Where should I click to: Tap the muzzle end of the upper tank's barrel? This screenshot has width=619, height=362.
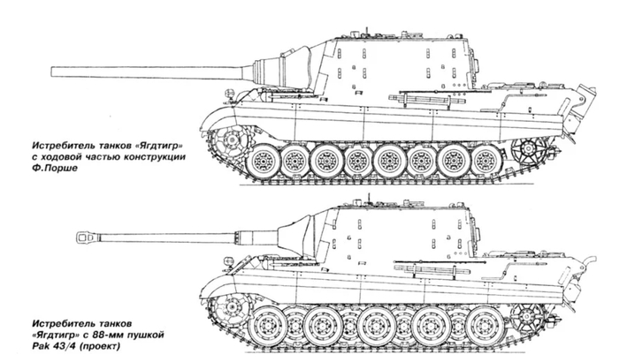pos(51,72)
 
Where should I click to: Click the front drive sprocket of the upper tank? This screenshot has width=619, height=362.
pos(231,140)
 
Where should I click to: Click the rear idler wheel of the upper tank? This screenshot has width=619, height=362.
pos(528,149)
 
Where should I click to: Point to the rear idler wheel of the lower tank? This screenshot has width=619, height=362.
pos(527,314)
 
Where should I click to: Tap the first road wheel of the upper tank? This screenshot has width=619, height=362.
pos(263,161)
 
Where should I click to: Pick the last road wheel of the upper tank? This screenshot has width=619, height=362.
pos(486,161)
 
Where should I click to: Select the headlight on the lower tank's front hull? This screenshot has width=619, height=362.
pos(228,260)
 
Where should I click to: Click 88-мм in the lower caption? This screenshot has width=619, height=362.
pos(115,336)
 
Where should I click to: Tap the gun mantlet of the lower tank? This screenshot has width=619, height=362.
pos(294,236)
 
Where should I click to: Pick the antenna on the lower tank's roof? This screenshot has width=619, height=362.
pos(370,199)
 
